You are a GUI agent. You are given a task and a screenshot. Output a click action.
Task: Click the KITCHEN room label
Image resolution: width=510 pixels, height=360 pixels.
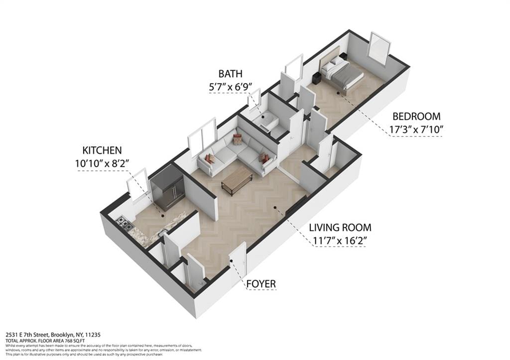pyautogui.click(x=102, y=150)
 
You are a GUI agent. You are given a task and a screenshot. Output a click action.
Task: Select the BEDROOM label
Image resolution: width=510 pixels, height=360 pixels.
pyautogui.click(x=416, y=117)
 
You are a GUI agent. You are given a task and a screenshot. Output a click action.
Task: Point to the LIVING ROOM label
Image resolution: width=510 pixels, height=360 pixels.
pyautogui.click(x=340, y=228)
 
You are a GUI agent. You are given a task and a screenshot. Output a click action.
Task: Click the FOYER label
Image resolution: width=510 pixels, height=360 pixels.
pyautogui.click(x=261, y=284)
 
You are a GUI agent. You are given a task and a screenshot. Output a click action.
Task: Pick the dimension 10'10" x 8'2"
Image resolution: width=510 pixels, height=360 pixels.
pyautogui.click(x=102, y=162)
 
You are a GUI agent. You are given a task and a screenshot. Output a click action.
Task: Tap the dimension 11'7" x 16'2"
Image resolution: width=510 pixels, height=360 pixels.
pyautogui.click(x=340, y=241)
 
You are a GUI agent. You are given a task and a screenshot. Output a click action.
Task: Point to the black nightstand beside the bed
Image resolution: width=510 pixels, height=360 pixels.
pyautogui.click(x=316, y=78)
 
